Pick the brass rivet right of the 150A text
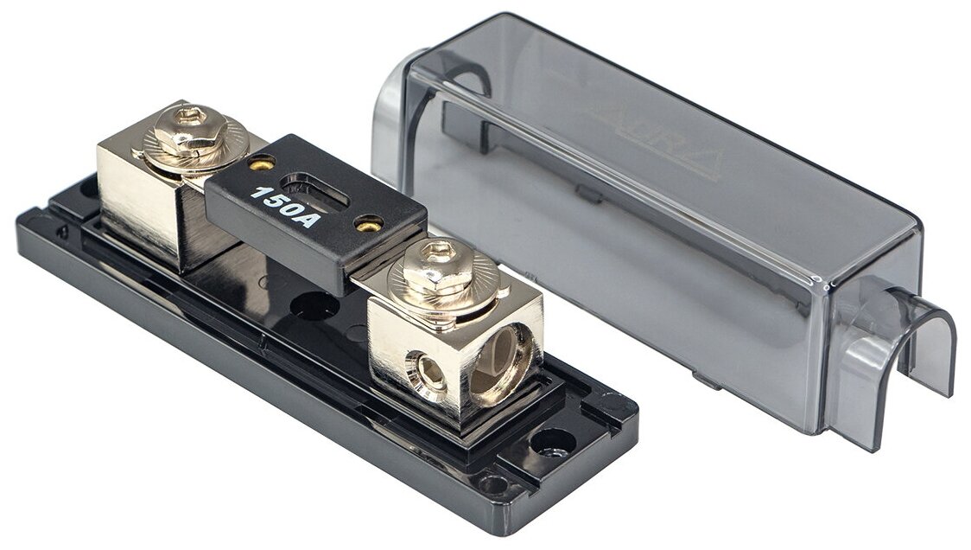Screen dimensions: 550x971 click(x=370, y=224)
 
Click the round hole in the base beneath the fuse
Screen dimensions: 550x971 click(x=313, y=304)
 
